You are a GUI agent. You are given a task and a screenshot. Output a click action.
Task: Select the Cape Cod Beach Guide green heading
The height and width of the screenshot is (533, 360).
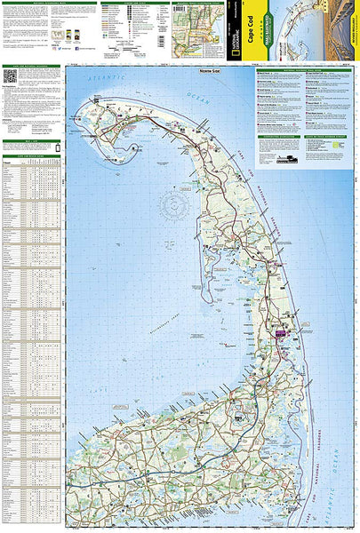point(32,156)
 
